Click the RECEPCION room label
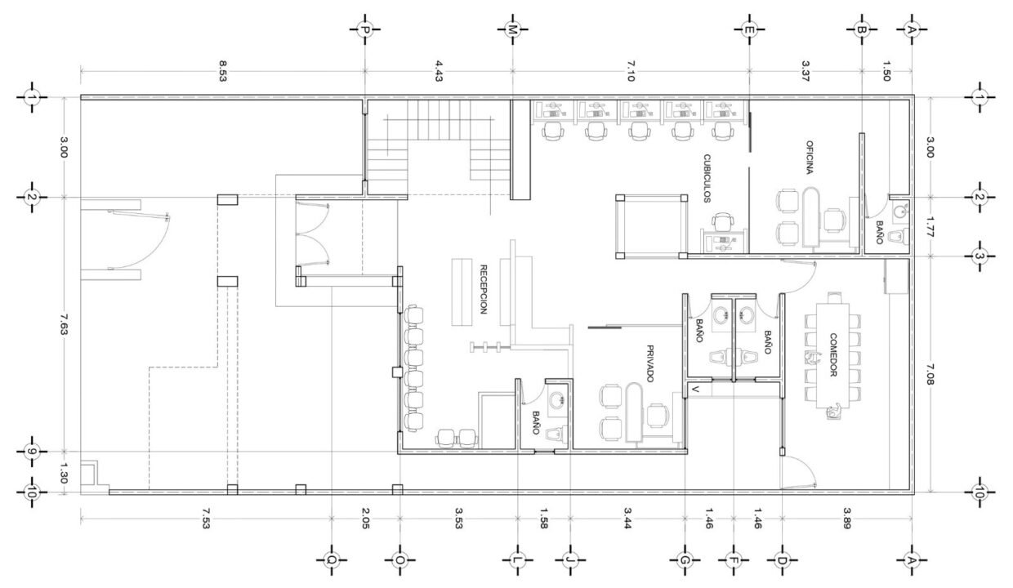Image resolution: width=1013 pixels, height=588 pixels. (484, 289)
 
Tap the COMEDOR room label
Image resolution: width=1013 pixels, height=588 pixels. (833, 354)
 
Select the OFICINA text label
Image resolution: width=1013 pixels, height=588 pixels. (810, 158)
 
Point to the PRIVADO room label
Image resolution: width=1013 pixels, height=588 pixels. (649, 363)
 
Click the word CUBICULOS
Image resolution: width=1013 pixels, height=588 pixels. (707, 178)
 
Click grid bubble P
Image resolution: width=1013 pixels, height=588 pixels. (364, 30)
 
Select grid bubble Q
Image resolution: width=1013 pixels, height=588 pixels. (332, 560)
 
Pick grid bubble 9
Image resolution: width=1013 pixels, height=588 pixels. (32, 451)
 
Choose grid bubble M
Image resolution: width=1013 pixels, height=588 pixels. (512, 30)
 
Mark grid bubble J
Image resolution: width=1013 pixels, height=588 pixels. (570, 560)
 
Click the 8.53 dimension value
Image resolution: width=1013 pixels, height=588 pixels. (222, 71)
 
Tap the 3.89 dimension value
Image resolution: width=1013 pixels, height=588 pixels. (847, 519)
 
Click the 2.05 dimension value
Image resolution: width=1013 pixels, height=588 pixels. (366, 519)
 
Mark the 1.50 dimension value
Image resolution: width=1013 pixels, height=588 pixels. (886, 71)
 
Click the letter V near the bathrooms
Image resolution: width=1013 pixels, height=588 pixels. (696, 390)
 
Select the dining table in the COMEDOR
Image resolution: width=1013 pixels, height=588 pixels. (832, 355)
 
